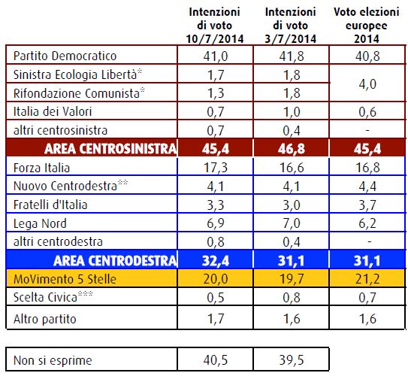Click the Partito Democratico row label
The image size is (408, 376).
tap(65, 56)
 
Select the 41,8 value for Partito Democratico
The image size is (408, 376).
tap(292, 56)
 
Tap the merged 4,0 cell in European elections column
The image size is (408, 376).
tap(367, 84)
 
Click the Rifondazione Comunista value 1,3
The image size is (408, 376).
tap(216, 93)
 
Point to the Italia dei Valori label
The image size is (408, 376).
tap(53, 111)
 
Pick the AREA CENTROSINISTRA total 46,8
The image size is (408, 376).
tap(292, 149)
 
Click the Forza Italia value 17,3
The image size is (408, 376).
tap(216, 168)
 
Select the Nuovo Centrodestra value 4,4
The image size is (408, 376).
tap(367, 186)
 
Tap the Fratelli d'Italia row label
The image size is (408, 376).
tap(50, 205)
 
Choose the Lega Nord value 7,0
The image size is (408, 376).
tap(292, 223)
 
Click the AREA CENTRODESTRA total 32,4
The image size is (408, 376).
tap(216, 261)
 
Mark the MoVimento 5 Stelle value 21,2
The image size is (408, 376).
tap(367, 279)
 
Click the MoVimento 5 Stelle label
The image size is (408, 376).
tap(65, 279)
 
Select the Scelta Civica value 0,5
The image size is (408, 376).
tap(216, 297)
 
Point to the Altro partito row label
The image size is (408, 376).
tap(45, 319)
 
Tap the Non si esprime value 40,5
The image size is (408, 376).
tap(216, 360)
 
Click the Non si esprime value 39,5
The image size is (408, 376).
tap(292, 360)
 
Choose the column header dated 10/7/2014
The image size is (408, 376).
tap(215, 26)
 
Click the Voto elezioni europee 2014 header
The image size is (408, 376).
tap(367, 26)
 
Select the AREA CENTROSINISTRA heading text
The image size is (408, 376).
tap(110, 149)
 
